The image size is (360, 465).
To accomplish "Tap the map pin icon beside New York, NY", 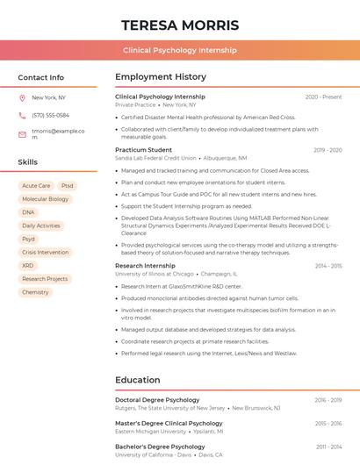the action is pyautogui.click(x=22, y=97).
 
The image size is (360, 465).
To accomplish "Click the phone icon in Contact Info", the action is pyautogui.click(x=22, y=115).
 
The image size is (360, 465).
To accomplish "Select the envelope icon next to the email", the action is pyautogui.click(x=22, y=134).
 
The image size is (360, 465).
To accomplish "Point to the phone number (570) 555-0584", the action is pyautogui.click(x=50, y=115).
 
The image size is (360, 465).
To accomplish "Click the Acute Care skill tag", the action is pyautogui.click(x=36, y=186).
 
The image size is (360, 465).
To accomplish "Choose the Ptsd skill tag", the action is pyautogui.click(x=68, y=186).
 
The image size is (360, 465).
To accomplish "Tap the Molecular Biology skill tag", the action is pyautogui.click(x=45, y=199).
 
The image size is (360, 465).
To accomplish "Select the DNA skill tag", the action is pyautogui.click(x=28, y=212).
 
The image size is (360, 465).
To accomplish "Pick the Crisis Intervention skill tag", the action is pyautogui.click(x=45, y=252).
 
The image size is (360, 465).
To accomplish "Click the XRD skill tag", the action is pyautogui.click(x=28, y=265).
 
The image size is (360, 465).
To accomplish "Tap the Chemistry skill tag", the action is pyautogui.click(x=35, y=292).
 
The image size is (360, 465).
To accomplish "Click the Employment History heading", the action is pyautogui.click(x=161, y=77).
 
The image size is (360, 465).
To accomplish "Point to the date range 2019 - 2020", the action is pyautogui.click(x=328, y=150).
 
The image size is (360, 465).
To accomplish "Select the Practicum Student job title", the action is pyautogui.click(x=143, y=150).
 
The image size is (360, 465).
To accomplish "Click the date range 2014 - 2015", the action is pyautogui.click(x=328, y=265).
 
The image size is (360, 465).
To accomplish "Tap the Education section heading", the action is pyautogui.click(x=137, y=380).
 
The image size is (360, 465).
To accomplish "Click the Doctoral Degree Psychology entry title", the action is pyautogui.click(x=157, y=400).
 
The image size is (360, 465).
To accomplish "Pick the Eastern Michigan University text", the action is pyautogui.click(x=150, y=432).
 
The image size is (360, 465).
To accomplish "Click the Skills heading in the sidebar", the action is pyautogui.click(x=28, y=162).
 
